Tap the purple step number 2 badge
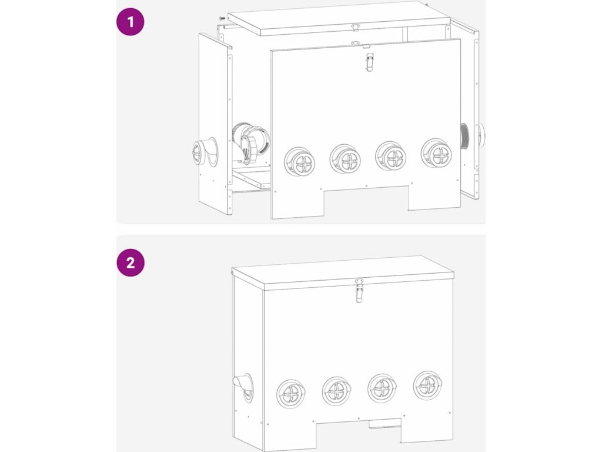[130, 263]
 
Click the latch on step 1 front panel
[369, 62]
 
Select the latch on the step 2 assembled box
[359, 291]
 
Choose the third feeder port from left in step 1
[391, 157]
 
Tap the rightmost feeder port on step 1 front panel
[437, 154]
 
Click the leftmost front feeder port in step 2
[291, 394]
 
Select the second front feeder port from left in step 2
[337, 391]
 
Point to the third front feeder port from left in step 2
[382, 388]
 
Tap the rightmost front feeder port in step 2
[428, 385]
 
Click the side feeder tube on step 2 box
[243, 387]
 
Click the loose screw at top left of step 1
[222, 18]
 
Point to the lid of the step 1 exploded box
[339, 18]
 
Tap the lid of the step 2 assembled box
[343, 272]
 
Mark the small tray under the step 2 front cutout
[384, 424]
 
